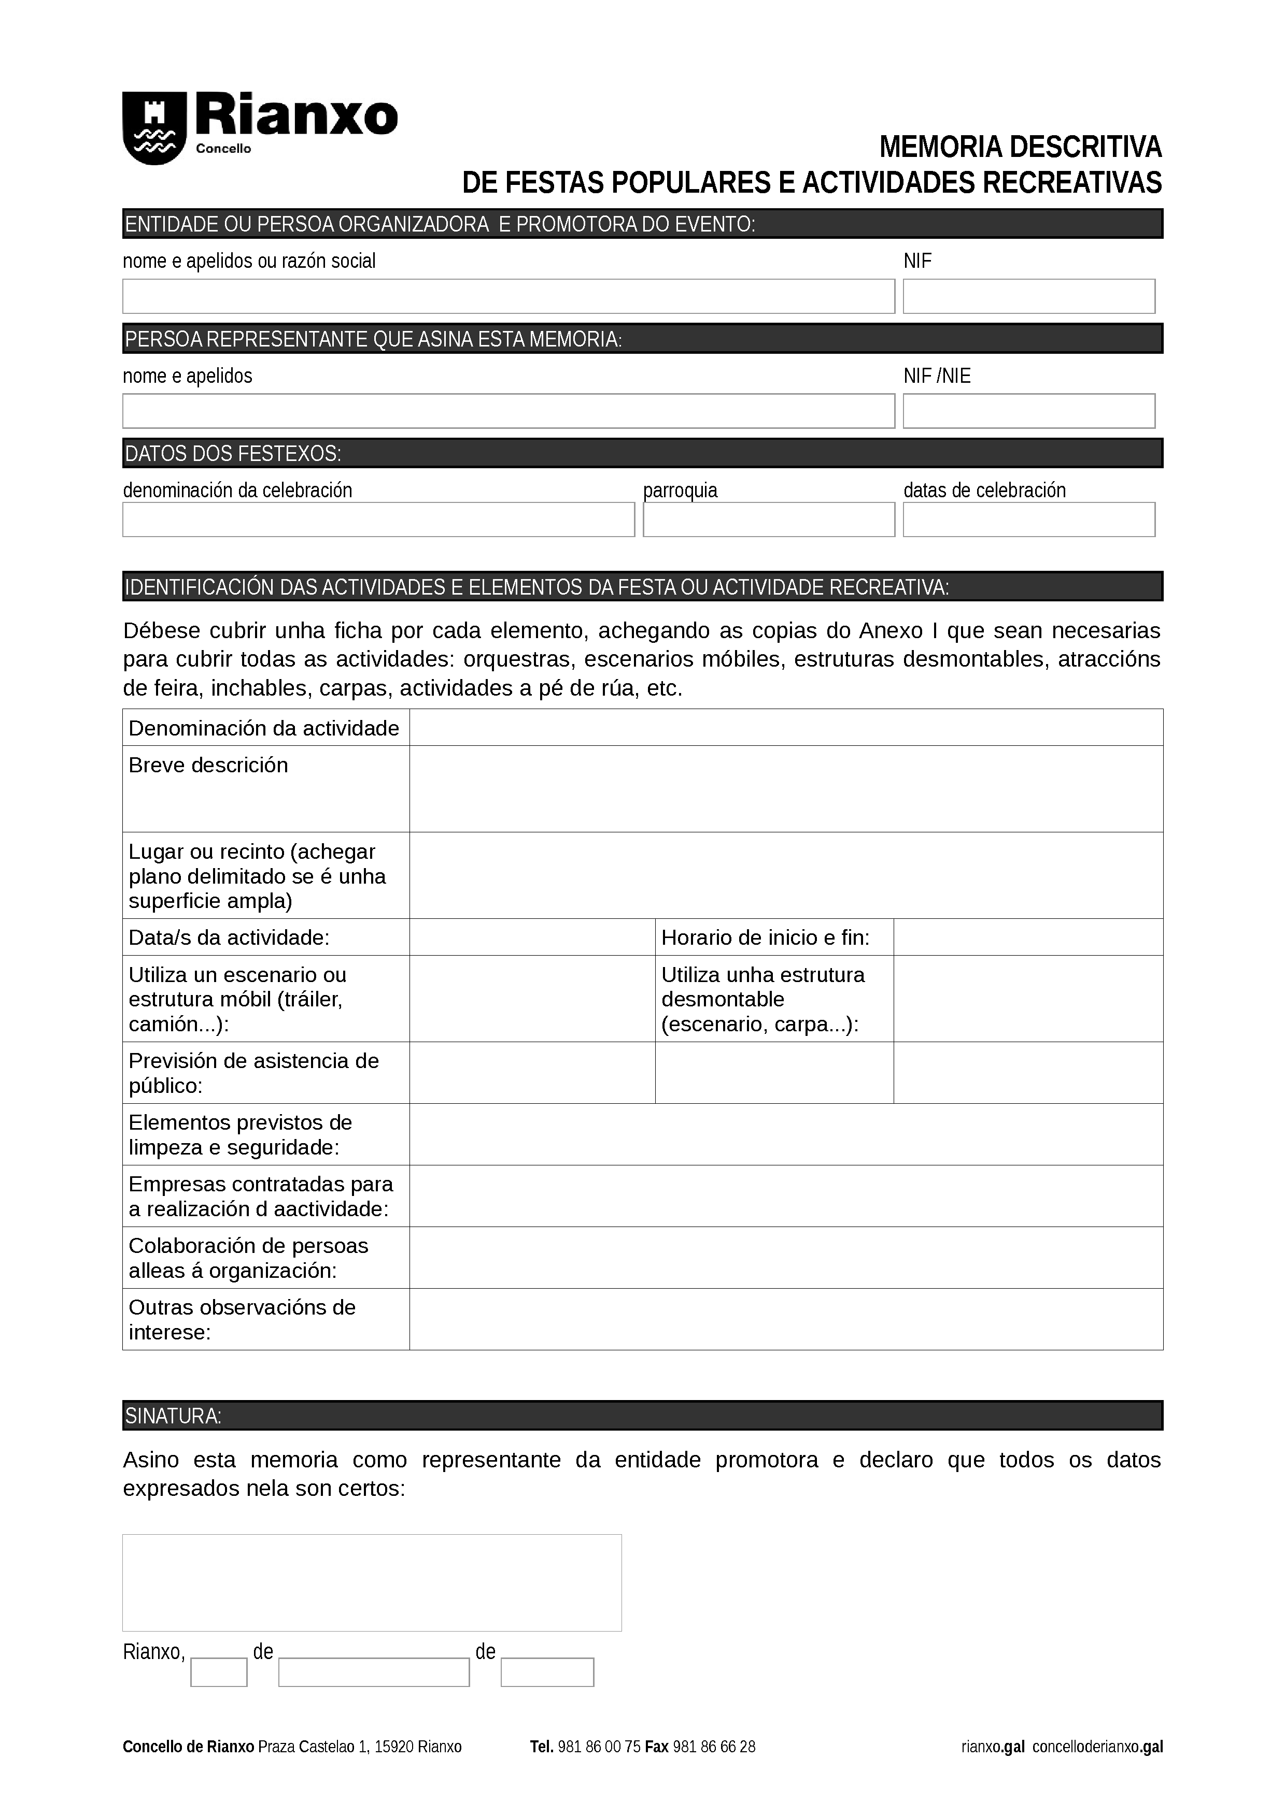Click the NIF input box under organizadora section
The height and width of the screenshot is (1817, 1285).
(x=1028, y=296)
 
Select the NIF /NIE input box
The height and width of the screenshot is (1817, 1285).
(x=1028, y=411)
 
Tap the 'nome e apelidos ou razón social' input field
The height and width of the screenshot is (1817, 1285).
(x=509, y=296)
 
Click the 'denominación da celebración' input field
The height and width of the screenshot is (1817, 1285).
(x=378, y=519)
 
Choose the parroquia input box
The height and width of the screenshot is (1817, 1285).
(x=768, y=519)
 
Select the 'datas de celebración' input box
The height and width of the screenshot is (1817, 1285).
(x=1028, y=519)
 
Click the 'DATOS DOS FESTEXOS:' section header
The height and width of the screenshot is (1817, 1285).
(x=642, y=453)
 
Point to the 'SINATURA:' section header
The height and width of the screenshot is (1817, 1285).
(x=642, y=1416)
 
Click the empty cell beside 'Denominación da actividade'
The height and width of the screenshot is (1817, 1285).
(x=785, y=727)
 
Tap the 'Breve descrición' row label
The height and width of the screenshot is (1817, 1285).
(x=209, y=765)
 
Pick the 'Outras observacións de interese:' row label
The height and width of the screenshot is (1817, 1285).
(x=242, y=1319)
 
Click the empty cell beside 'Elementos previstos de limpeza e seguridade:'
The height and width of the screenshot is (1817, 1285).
(x=785, y=1134)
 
